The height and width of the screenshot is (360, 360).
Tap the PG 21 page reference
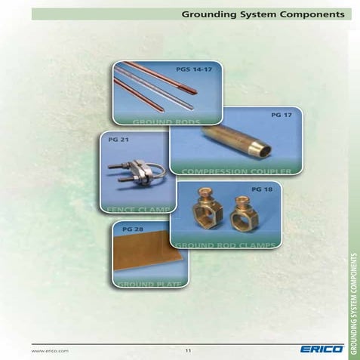(x=116, y=140)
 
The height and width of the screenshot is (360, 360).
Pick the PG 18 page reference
(x=261, y=188)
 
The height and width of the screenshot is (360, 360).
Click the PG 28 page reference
(x=132, y=227)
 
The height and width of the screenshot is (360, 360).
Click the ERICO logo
(x=321, y=349)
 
